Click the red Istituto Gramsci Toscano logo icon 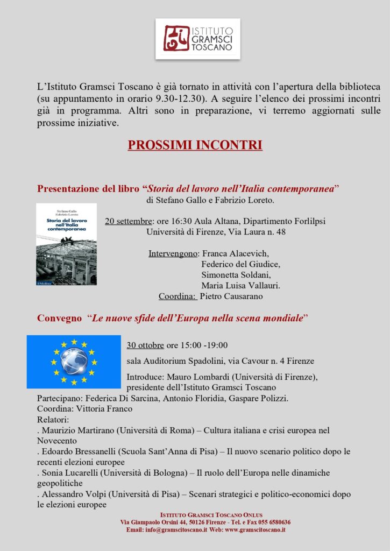[x=176, y=38]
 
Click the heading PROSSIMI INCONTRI [x=195, y=146]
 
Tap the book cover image [x=66, y=244]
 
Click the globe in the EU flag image [x=74, y=361]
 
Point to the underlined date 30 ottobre [x=145, y=345]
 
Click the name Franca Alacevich [x=235, y=253]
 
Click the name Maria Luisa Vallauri [x=240, y=285]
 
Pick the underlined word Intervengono [x=173, y=253]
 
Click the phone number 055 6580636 [x=271, y=522]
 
